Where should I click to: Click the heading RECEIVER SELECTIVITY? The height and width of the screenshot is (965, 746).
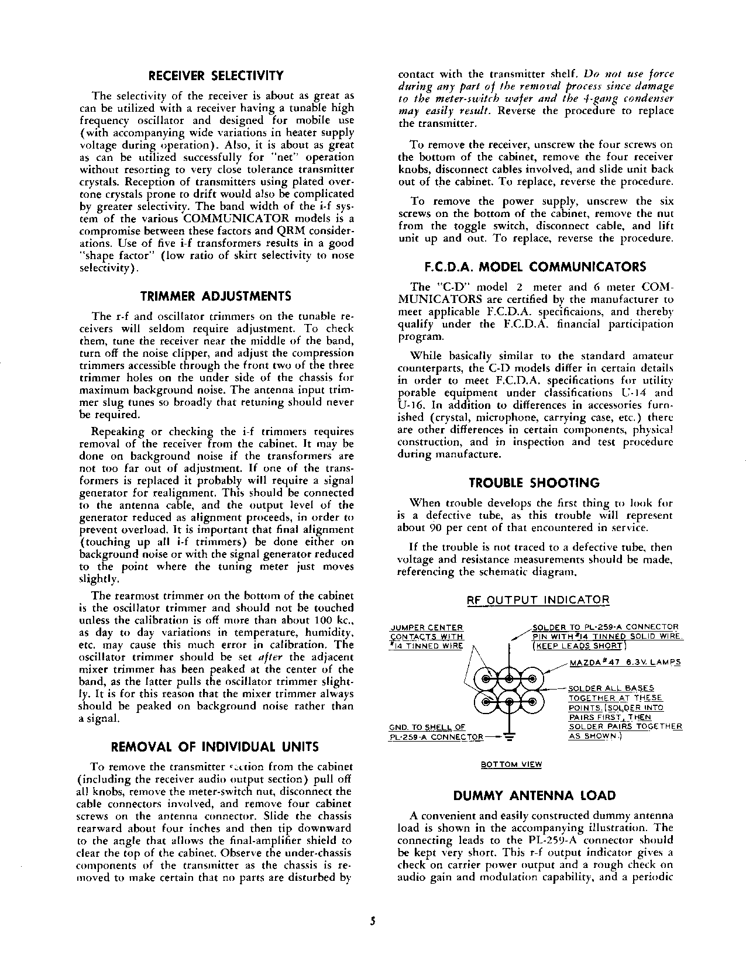pos(216,75)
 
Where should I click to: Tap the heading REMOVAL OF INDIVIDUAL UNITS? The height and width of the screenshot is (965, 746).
pos(215,747)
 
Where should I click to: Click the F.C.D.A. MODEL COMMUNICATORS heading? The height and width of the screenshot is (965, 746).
pos(535,267)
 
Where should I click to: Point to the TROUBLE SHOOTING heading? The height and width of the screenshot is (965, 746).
pos(535,483)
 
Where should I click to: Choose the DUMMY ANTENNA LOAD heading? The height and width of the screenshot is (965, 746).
pos(535,795)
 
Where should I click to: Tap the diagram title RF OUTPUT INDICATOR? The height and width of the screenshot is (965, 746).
pos(538,600)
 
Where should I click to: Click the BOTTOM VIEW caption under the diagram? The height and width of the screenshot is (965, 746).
pos(511,764)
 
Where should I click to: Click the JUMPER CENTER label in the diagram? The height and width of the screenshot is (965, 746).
pos(427,628)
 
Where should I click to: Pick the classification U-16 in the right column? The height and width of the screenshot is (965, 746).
pos(408,405)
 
